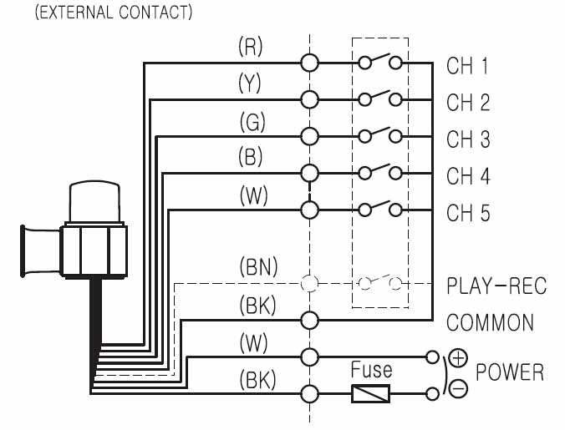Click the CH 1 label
click(467, 67)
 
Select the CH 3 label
click(468, 139)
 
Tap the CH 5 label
click(468, 213)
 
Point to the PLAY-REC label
click(496, 286)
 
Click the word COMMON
click(490, 322)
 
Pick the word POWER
click(509, 372)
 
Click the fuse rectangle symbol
click(371, 392)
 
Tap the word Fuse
click(371, 368)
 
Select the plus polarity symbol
click(458, 358)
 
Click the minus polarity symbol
click(458, 389)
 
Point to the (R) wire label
click(251, 47)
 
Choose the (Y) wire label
click(251, 83)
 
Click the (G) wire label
click(251, 121)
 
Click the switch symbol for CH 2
click(380, 98)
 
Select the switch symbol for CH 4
click(380, 171)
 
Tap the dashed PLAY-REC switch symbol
click(380, 282)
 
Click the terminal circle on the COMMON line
click(309, 320)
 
